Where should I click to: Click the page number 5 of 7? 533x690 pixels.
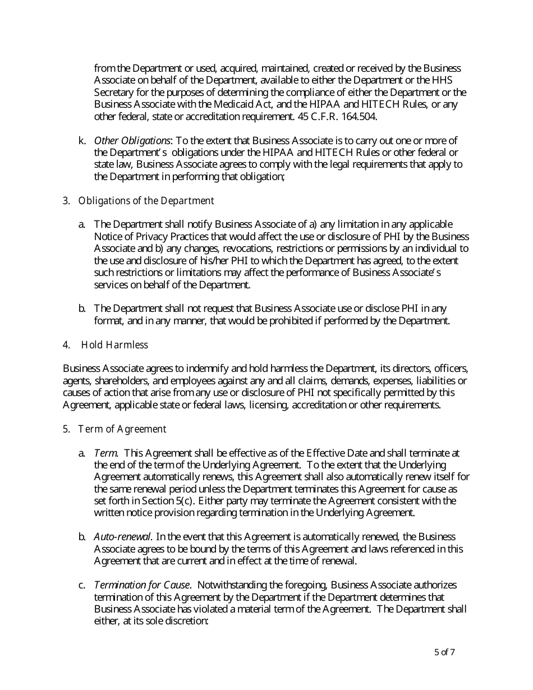point(444,652)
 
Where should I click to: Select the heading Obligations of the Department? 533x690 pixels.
point(146,201)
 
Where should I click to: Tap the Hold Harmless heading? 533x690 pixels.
point(114,345)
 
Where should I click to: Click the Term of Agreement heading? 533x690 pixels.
point(122,429)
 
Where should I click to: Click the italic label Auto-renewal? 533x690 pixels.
point(122,537)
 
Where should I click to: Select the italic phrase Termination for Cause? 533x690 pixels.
point(143,586)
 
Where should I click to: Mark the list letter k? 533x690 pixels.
point(82,140)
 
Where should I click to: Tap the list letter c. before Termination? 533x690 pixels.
point(82,586)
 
